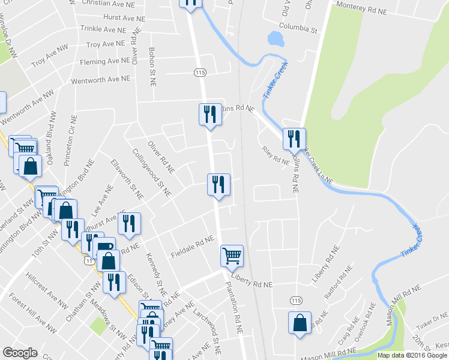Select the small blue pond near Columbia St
(x=276, y=39)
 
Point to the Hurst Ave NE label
(x=125, y=18)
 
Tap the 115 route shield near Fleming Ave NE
(x=200, y=72)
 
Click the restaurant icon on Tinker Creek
(x=294, y=139)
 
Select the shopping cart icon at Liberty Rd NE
(x=232, y=256)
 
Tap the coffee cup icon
(x=105, y=247)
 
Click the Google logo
(x=20, y=352)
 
